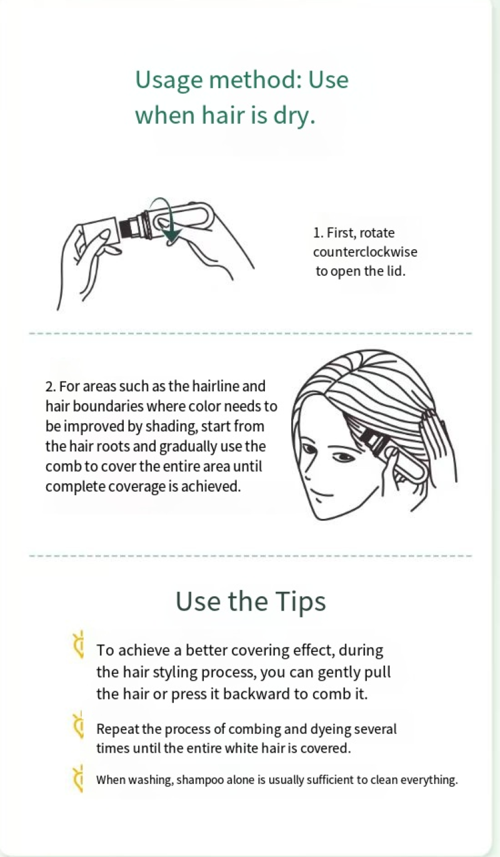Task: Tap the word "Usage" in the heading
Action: pos(169,81)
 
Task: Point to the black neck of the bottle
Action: pos(127,228)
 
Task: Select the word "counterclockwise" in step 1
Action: pos(365,252)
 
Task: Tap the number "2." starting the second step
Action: pos(51,386)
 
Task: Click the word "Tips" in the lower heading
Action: pos(300,602)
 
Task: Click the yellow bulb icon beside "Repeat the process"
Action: pos(79,724)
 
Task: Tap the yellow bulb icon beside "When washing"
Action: pos(79,778)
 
